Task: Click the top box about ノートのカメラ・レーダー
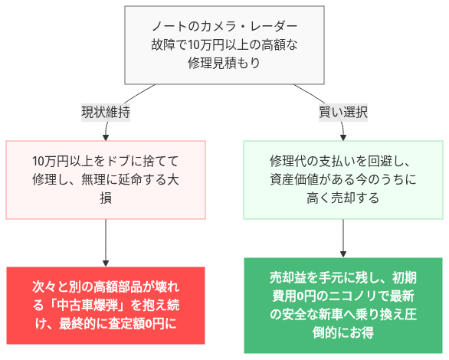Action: [x=224, y=45]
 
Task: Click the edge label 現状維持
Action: [x=106, y=112]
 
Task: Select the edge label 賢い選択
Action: [x=342, y=112]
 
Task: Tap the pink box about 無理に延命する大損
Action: [x=106, y=180]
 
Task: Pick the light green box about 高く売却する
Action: [x=342, y=180]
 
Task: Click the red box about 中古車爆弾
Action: [x=106, y=304]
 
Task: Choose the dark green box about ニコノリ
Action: [x=342, y=304]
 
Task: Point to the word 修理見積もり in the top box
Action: [x=224, y=64]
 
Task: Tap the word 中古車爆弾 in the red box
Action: [x=93, y=304]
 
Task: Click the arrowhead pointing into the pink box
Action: [x=106, y=136]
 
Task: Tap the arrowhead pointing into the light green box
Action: [x=342, y=136]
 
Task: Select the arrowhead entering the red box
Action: [x=106, y=261]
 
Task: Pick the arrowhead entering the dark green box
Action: [x=342, y=252]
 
